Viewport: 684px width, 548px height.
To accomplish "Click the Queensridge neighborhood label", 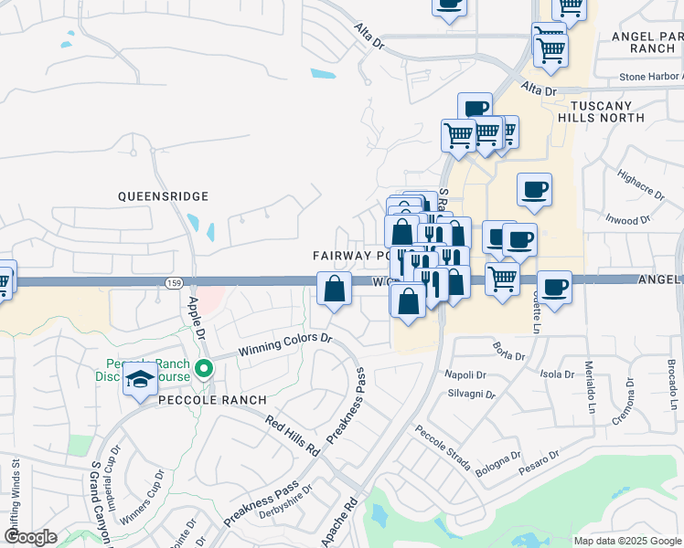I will click(x=164, y=196).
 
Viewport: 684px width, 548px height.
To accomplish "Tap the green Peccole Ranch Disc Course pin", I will click(x=204, y=370).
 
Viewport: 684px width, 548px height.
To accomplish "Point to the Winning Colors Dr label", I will click(x=285, y=343).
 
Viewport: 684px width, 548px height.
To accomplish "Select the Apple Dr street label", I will click(x=196, y=316).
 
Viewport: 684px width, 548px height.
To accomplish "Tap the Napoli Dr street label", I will click(x=464, y=374).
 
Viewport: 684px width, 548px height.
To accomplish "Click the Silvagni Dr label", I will click(x=471, y=394).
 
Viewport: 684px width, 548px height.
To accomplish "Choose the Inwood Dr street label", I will click(x=628, y=220).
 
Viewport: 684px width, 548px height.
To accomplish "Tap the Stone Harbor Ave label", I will click(x=651, y=78).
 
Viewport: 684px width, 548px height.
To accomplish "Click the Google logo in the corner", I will click(x=30, y=537).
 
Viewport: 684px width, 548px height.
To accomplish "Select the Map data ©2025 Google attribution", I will click(x=626, y=541).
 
